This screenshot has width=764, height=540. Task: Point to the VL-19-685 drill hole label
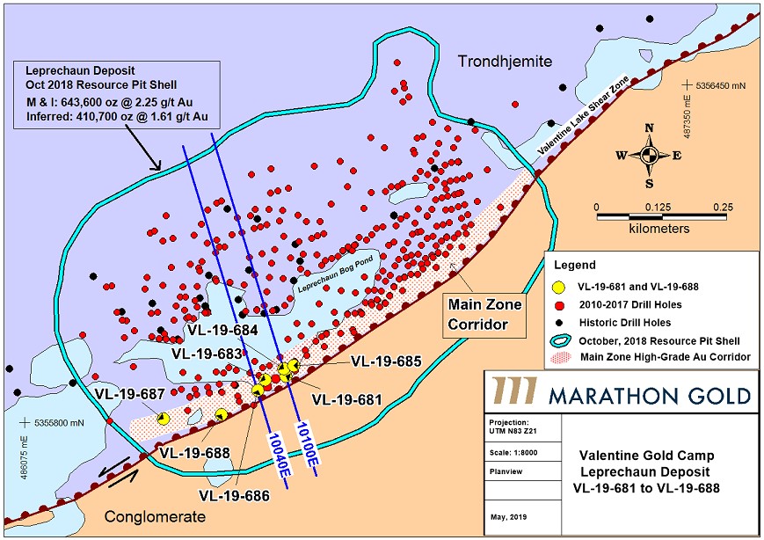point(387,360)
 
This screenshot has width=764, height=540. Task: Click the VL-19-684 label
point(222,331)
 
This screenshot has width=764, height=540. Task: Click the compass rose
point(649,156)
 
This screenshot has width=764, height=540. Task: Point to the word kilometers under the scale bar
point(658,228)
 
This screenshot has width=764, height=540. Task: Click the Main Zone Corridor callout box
point(484,314)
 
